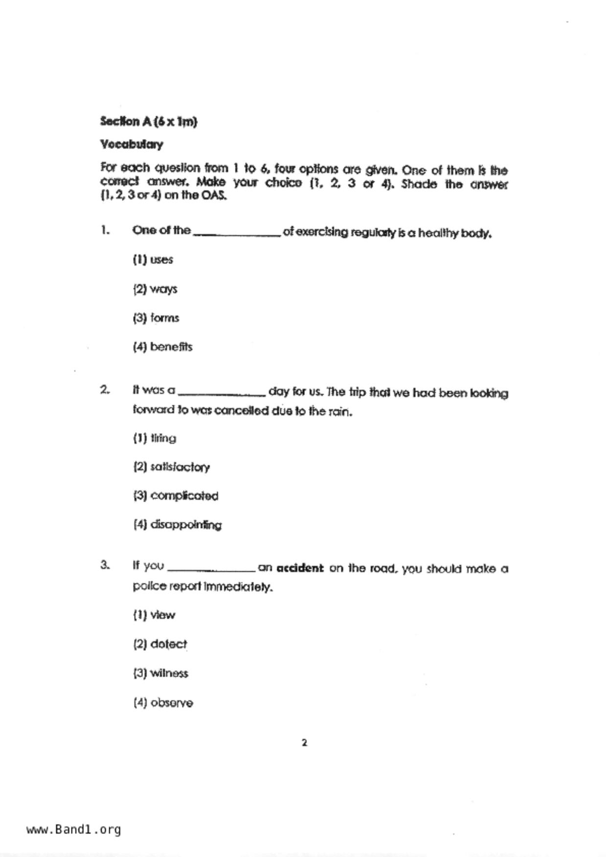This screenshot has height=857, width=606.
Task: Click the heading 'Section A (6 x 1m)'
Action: (149, 122)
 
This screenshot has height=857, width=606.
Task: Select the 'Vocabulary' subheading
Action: (132, 145)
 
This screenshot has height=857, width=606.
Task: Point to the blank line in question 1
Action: (237, 235)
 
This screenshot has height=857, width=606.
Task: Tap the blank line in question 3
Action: (211, 570)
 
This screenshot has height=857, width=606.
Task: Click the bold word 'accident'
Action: (300, 568)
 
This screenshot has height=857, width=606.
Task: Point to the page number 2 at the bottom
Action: (304, 743)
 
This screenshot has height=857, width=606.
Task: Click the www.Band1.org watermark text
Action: (74, 829)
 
